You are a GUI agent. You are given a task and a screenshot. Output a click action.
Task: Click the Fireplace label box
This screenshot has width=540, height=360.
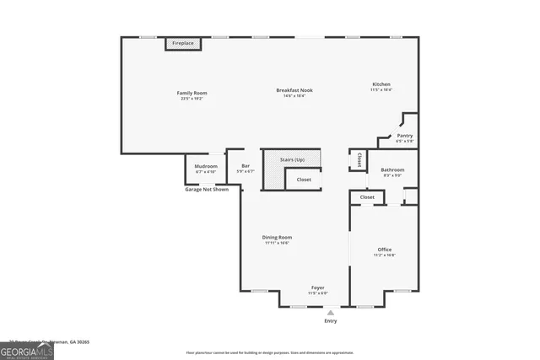[183, 43]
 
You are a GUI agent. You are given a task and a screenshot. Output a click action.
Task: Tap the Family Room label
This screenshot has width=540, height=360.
[192, 93]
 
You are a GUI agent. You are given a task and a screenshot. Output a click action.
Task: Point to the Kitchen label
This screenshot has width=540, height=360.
[382, 84]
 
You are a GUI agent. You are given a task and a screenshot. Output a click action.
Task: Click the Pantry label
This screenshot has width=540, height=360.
[405, 135]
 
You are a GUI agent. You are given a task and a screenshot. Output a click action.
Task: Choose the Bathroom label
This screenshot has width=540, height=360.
[393, 170]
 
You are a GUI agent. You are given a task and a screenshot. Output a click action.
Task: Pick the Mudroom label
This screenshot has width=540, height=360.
[206, 166]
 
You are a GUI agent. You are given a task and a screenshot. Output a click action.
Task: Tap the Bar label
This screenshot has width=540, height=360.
[246, 166]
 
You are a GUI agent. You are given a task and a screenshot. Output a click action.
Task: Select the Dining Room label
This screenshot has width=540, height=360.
[277, 238]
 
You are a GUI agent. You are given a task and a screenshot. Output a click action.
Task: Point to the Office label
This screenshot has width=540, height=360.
[385, 250]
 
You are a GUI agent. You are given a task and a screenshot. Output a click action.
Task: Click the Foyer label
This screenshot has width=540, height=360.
[317, 288]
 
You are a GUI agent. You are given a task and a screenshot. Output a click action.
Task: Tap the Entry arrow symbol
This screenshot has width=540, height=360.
[330, 312]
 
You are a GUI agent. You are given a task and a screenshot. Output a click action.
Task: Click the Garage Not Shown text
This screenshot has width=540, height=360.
[207, 190]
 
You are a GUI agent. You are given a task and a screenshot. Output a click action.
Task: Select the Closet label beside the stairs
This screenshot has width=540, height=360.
[304, 180]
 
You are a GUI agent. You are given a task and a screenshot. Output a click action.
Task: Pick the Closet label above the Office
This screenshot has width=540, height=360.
[367, 197]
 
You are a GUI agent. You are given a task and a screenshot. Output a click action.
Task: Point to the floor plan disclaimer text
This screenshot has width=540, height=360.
[269, 352]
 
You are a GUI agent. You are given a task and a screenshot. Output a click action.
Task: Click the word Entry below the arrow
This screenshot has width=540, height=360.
[330, 321]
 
